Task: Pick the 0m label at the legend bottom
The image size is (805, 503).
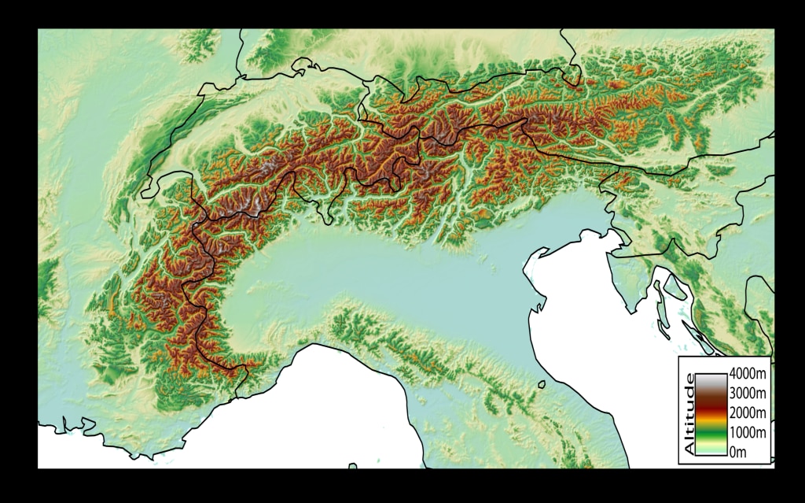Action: [737, 451]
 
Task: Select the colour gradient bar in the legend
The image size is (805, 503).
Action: [712, 412]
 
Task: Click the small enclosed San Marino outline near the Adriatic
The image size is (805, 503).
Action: [542, 385]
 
